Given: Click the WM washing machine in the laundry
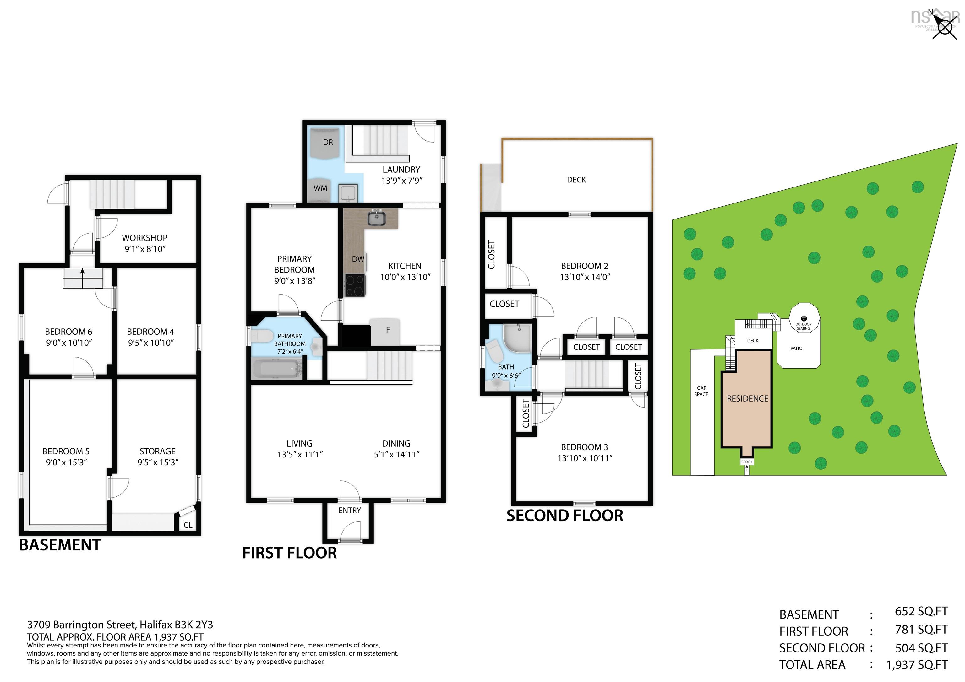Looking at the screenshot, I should pyautogui.click(x=320, y=189).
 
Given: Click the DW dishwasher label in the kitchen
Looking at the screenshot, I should pyautogui.click(x=358, y=259).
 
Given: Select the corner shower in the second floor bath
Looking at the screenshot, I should pyautogui.click(x=517, y=338).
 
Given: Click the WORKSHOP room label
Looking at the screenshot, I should pyautogui.click(x=144, y=238).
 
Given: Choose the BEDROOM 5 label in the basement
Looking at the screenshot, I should pyautogui.click(x=66, y=451).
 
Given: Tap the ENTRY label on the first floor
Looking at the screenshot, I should pyautogui.click(x=349, y=510).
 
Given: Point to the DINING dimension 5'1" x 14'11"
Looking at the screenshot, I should pyautogui.click(x=396, y=455).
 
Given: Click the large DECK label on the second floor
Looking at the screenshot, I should pyautogui.click(x=576, y=180).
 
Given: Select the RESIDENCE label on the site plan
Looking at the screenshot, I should pyautogui.click(x=747, y=398).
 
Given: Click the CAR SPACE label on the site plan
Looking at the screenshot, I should pyautogui.click(x=701, y=391).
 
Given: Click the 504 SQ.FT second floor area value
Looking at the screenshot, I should pyautogui.click(x=921, y=648).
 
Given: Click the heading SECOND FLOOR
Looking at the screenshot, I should pyautogui.click(x=564, y=516).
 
